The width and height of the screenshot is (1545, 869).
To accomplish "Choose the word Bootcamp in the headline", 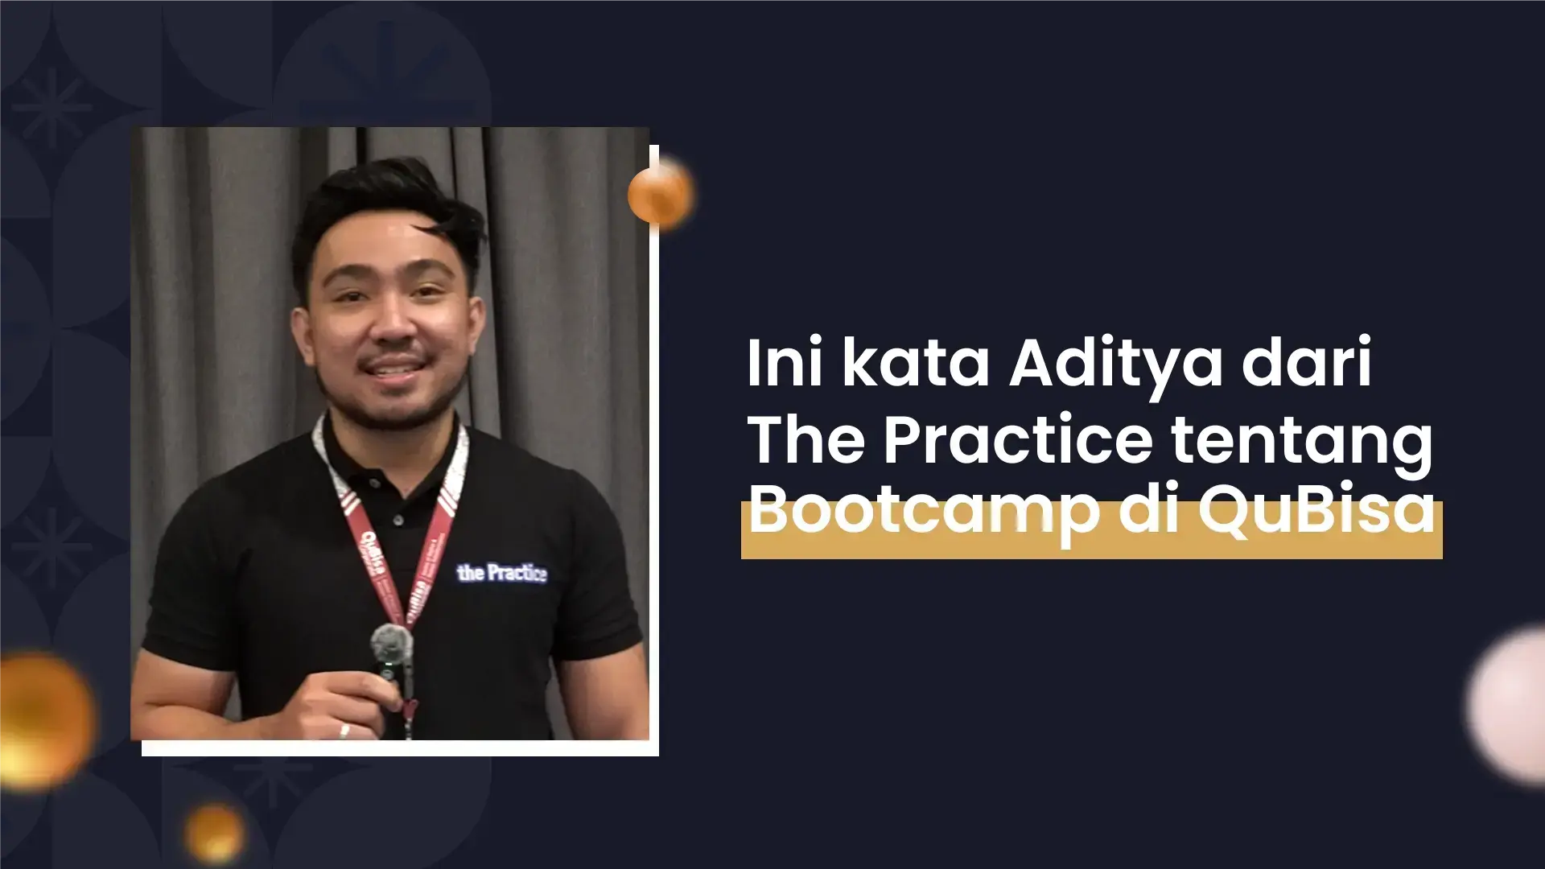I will coord(923,513).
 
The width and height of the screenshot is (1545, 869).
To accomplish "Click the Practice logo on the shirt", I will coord(501,572).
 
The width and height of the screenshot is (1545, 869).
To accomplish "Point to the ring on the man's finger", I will coord(344,731).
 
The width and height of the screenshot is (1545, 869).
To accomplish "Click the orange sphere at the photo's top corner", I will coord(660,193).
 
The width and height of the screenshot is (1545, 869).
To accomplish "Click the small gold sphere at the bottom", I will coord(214,832).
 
